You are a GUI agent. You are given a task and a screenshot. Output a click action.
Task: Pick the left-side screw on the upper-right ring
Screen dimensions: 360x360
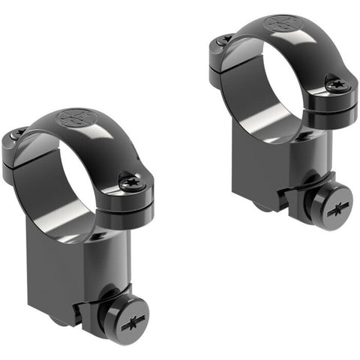point(222,39)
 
